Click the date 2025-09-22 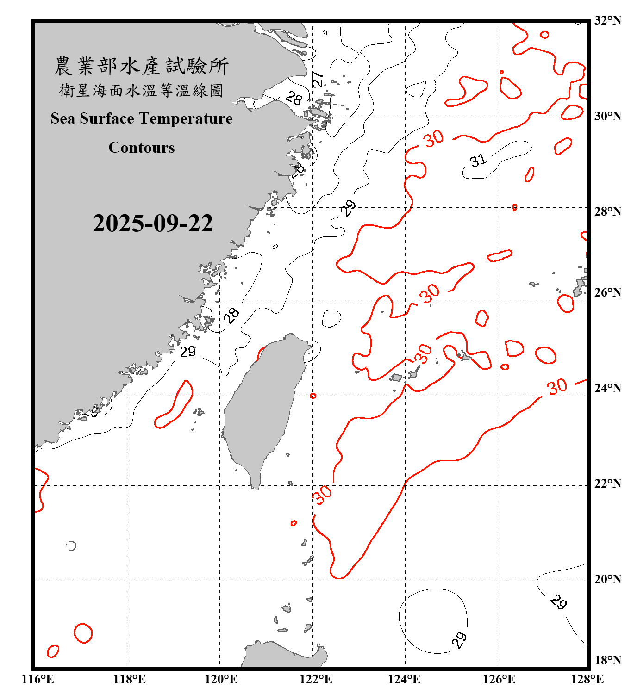153,223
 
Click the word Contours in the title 142,148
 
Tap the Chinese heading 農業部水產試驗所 141,66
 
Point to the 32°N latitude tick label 607,20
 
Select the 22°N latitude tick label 607,483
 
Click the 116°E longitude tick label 37,679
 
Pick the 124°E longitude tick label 404,679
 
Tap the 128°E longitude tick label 587,679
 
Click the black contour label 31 478,161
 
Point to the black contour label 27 318,79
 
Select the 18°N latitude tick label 607,660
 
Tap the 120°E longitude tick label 221,679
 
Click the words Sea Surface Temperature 142,118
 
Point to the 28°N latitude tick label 607,211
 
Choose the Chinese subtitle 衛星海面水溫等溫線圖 141,91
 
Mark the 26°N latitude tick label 607,292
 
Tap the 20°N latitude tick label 607,579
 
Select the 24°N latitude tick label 607,388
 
